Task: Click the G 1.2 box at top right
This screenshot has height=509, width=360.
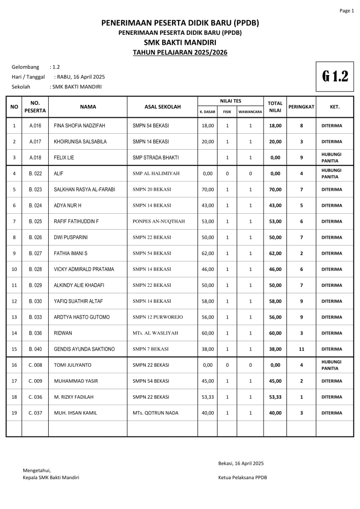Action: pos(335,77)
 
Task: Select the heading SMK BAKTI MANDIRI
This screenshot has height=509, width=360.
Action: pos(180,42)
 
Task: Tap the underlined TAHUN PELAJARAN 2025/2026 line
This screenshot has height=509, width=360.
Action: pos(180,52)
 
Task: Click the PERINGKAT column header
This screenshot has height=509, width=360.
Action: pos(301,106)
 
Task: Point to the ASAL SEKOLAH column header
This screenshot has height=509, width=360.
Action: pos(163,106)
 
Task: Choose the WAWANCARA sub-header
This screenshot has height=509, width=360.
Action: pos(250,112)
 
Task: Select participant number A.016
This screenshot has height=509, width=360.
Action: pos(35,126)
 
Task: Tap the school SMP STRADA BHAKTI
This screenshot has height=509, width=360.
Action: pos(156,158)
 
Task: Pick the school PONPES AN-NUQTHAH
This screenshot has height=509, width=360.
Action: pos(159,221)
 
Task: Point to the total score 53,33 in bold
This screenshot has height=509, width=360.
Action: pos(275,397)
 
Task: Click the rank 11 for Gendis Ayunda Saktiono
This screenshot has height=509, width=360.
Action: pos(301,349)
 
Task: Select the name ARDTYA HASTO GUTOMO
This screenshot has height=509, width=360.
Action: pos(82,317)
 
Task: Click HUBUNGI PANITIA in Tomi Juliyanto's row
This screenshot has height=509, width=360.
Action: pos(331,365)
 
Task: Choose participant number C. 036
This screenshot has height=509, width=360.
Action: pos(35,397)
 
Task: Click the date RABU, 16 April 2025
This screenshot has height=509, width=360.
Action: pos(81,77)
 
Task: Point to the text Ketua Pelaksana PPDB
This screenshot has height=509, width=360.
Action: pos(242,477)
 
